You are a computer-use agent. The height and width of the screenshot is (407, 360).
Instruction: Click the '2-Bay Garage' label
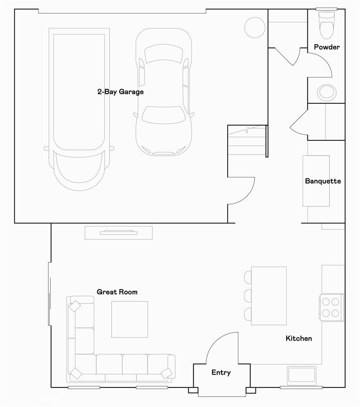click(x=120, y=92)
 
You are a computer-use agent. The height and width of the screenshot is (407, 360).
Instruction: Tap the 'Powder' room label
click(x=326, y=47)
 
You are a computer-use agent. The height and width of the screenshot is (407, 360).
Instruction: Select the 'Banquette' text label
click(x=322, y=181)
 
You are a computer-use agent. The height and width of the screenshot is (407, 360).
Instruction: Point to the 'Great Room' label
click(x=117, y=292)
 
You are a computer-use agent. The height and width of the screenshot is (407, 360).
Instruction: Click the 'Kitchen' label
click(x=299, y=338)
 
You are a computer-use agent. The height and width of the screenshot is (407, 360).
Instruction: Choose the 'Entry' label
click(x=221, y=372)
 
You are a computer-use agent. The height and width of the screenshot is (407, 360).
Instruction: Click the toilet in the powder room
click(x=326, y=25)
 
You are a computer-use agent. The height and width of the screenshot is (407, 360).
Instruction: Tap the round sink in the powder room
click(x=326, y=92)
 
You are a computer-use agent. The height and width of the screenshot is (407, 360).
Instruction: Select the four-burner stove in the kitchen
click(x=332, y=307)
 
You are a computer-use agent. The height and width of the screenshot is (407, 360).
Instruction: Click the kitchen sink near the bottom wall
click(x=302, y=375)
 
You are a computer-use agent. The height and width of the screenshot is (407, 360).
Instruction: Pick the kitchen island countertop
click(x=269, y=296)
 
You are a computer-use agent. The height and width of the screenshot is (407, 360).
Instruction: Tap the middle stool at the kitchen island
click(x=248, y=296)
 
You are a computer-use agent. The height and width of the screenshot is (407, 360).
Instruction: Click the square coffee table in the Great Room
click(x=129, y=319)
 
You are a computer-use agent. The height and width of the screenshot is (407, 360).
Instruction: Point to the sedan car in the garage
click(x=163, y=92)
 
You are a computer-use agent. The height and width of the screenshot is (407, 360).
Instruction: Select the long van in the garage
click(x=79, y=108)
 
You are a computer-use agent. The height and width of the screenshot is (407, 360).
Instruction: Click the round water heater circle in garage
click(x=255, y=28)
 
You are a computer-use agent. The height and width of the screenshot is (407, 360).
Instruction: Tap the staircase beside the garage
click(x=247, y=140)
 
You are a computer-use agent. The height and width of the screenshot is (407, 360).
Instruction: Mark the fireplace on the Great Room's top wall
click(x=118, y=233)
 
